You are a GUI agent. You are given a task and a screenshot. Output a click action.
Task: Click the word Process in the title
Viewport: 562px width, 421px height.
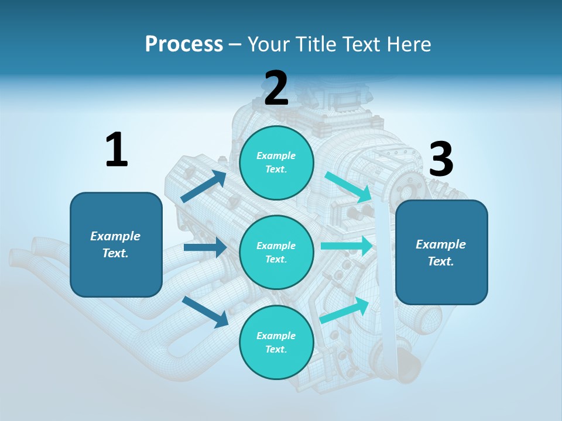tap(184, 44)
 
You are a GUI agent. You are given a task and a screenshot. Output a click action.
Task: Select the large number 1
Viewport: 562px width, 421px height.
tap(116, 150)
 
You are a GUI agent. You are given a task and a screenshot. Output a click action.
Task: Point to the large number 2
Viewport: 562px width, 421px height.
tap(276, 88)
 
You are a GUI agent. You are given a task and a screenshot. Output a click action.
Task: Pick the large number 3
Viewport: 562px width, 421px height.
tap(441, 160)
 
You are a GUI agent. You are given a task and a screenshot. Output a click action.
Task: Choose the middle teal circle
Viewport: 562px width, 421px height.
tap(276, 252)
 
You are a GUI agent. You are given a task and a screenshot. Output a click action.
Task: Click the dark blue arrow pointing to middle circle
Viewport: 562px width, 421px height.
tap(205, 247)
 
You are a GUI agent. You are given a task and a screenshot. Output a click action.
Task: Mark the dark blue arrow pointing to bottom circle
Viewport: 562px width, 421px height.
tap(205, 311)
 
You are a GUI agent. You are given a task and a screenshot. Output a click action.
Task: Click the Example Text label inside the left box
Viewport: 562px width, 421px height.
tap(115, 244)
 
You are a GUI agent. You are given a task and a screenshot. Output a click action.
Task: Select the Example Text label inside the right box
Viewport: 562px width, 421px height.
tap(441, 253)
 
